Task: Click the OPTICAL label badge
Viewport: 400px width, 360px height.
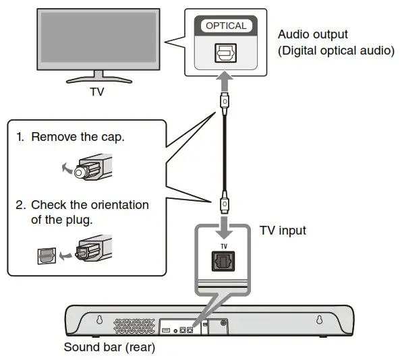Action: pyautogui.click(x=226, y=26)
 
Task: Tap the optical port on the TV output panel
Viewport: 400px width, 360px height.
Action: pyautogui.click(x=225, y=55)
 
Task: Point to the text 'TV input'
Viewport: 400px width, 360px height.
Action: pyautogui.click(x=283, y=231)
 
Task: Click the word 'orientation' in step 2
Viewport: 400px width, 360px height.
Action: pyautogui.click(x=115, y=204)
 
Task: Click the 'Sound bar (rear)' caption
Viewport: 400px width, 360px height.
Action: pyautogui.click(x=109, y=349)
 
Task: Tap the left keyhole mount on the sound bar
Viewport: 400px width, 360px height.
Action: pyautogui.click(x=99, y=321)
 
